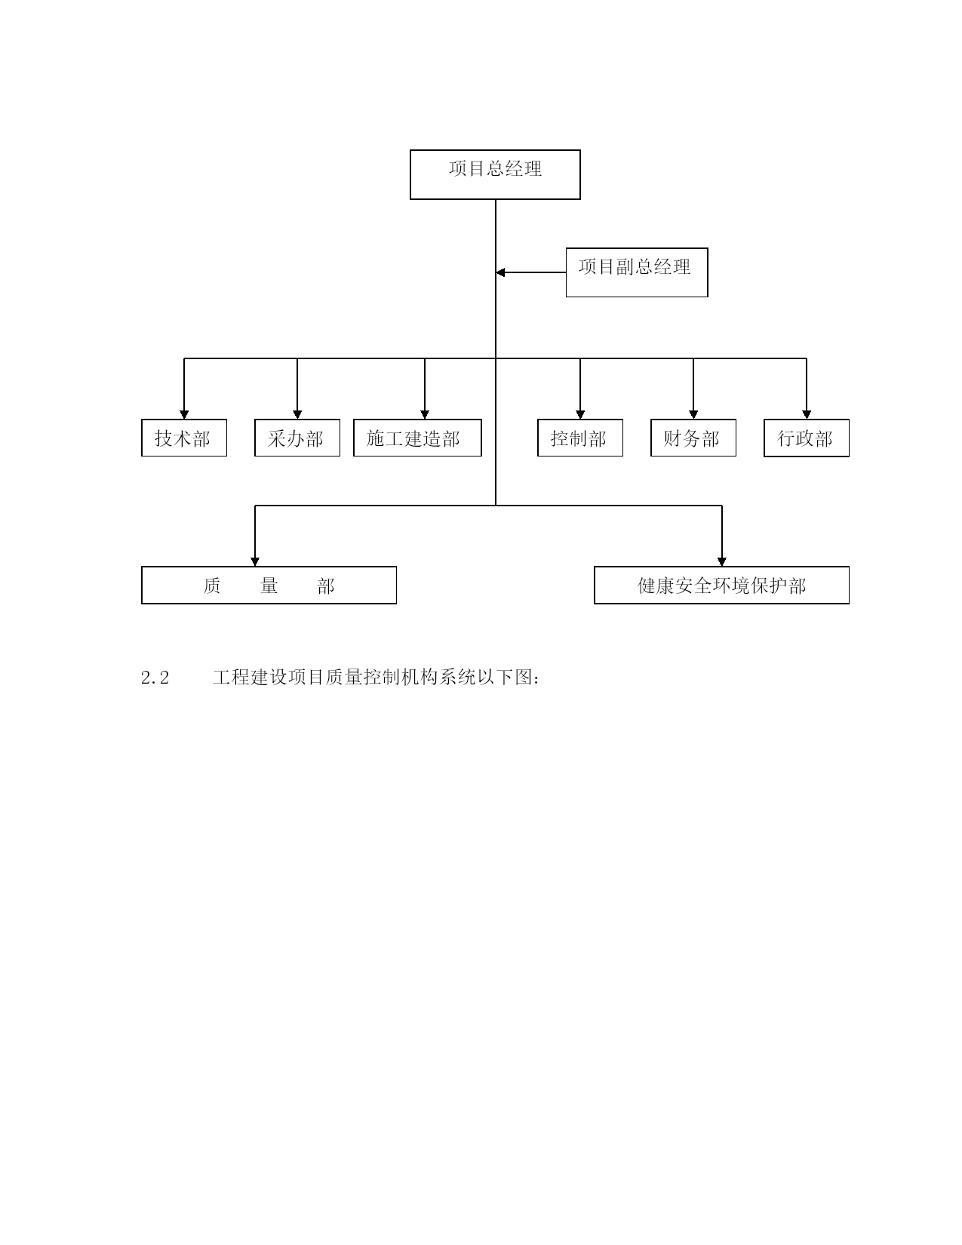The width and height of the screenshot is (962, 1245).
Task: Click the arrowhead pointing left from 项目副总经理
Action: pos(500,272)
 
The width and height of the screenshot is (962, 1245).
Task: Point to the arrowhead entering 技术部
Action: pos(184,414)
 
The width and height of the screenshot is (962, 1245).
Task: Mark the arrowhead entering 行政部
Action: pos(806,414)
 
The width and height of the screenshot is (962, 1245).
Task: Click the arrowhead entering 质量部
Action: pos(255,561)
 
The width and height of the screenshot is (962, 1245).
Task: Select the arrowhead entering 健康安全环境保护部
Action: pos(721,561)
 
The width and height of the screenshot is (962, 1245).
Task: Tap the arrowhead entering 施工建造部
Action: pos(425,414)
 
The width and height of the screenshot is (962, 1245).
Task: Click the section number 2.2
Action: pos(155,678)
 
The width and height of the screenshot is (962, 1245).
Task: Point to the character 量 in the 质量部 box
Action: pos(269,586)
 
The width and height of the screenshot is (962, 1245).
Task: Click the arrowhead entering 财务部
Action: pos(693,414)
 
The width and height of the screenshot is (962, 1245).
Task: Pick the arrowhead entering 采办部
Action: pos(297,414)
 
